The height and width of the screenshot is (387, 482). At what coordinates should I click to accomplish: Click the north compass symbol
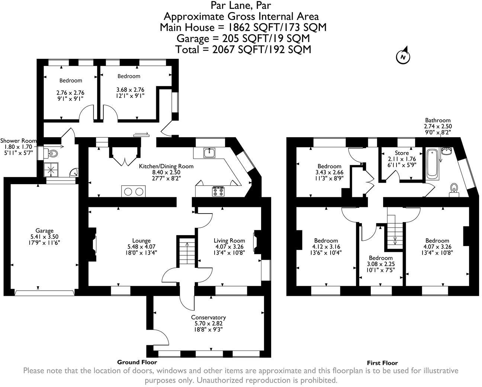point(403,57)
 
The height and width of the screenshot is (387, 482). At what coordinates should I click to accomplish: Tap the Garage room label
point(44,231)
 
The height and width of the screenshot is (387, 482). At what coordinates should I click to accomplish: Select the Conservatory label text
point(208,317)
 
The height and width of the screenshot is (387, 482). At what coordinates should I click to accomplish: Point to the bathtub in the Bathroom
point(432,163)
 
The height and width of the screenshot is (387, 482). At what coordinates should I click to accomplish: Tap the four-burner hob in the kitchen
point(218,191)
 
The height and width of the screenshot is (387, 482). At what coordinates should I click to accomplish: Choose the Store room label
point(402,153)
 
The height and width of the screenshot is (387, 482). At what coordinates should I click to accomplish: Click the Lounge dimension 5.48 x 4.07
point(141,246)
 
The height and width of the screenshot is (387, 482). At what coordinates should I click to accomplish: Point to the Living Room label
point(229,240)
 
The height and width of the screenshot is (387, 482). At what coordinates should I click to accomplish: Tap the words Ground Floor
point(137,362)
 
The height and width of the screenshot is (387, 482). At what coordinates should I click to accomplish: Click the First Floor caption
point(382,363)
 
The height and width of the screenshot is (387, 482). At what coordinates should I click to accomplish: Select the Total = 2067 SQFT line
point(243,49)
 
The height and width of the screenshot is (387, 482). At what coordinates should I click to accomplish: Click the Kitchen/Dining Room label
point(166,166)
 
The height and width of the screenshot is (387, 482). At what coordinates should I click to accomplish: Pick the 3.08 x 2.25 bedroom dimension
point(380,264)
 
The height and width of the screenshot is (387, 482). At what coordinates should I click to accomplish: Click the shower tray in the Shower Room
point(51,170)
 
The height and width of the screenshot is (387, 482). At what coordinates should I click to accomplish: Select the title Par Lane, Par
point(241,5)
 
